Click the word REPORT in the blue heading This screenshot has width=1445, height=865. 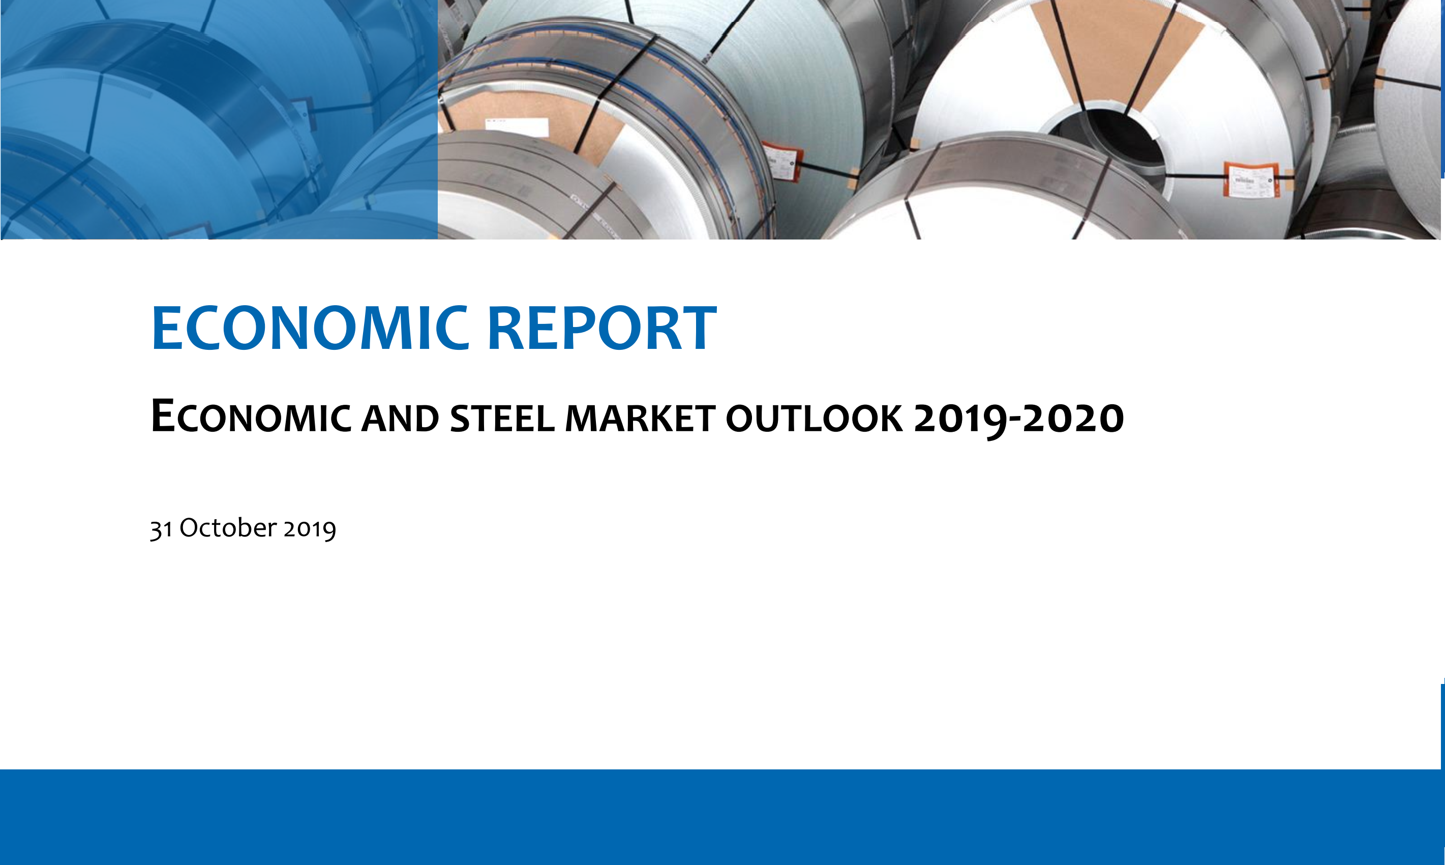602,328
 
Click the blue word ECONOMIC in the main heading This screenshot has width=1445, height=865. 310,328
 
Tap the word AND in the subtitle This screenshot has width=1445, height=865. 400,419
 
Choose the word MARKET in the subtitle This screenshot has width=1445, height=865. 640,419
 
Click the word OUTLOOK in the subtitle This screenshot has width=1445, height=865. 814,419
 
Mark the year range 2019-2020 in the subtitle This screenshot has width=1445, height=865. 1019,419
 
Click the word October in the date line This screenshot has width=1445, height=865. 228,527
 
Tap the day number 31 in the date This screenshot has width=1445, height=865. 161,529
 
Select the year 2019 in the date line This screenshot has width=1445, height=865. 310,529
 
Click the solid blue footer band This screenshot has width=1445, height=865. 722,817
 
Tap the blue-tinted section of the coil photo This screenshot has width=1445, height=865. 219,120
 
